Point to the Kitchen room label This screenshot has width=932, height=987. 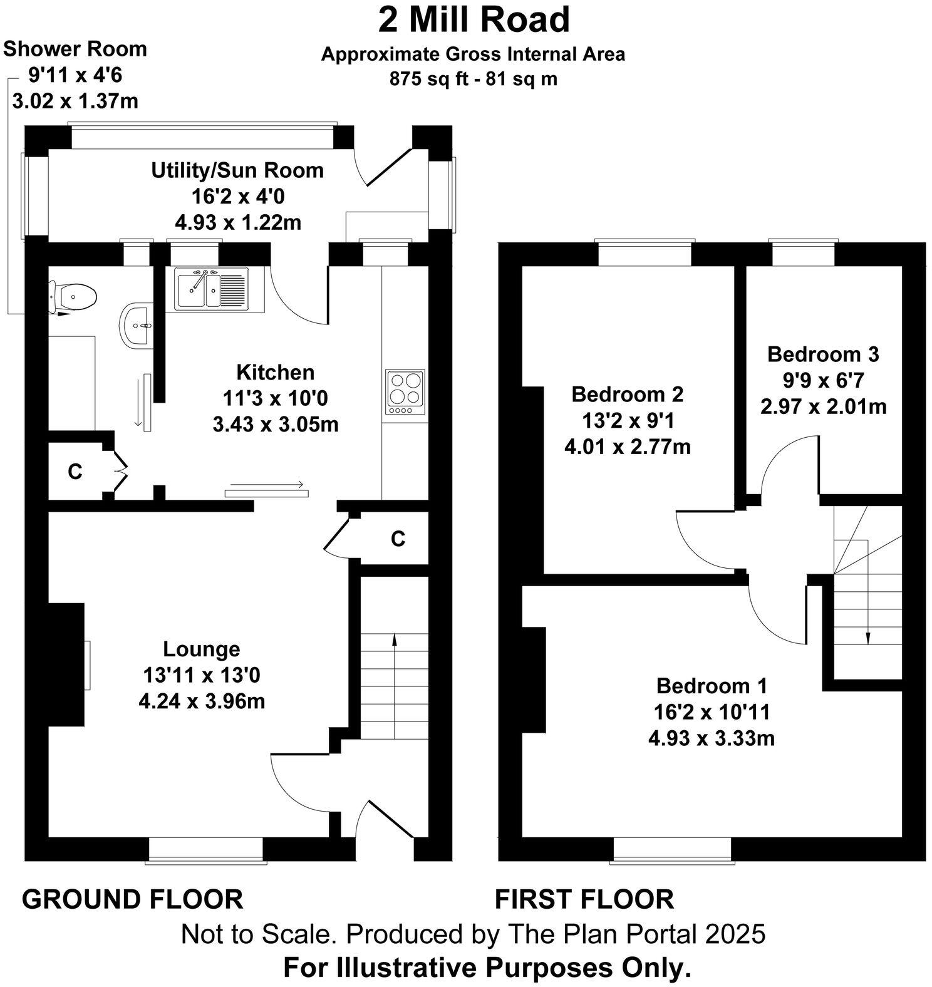[275, 372]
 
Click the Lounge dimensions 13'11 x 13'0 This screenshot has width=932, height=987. [202, 675]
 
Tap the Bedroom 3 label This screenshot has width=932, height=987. [823, 354]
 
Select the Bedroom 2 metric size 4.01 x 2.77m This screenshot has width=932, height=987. [628, 447]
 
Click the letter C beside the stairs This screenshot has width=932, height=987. [398, 538]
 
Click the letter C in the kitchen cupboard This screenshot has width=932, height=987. [75, 472]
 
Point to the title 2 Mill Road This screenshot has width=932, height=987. [474, 20]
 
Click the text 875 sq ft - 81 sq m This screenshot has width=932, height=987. [474, 80]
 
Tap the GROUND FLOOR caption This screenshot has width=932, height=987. [133, 899]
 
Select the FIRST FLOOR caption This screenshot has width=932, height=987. [584, 899]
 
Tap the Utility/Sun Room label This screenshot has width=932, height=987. [237, 170]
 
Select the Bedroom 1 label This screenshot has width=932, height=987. [712, 686]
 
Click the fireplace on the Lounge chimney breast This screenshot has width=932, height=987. [87, 664]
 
